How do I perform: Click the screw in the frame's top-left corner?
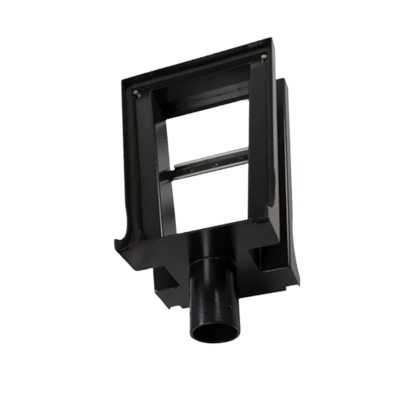click(x=137, y=93)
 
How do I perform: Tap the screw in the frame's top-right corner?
click(x=263, y=58)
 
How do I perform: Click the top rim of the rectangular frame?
click(x=196, y=66)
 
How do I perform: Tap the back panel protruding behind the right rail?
click(x=285, y=158)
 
